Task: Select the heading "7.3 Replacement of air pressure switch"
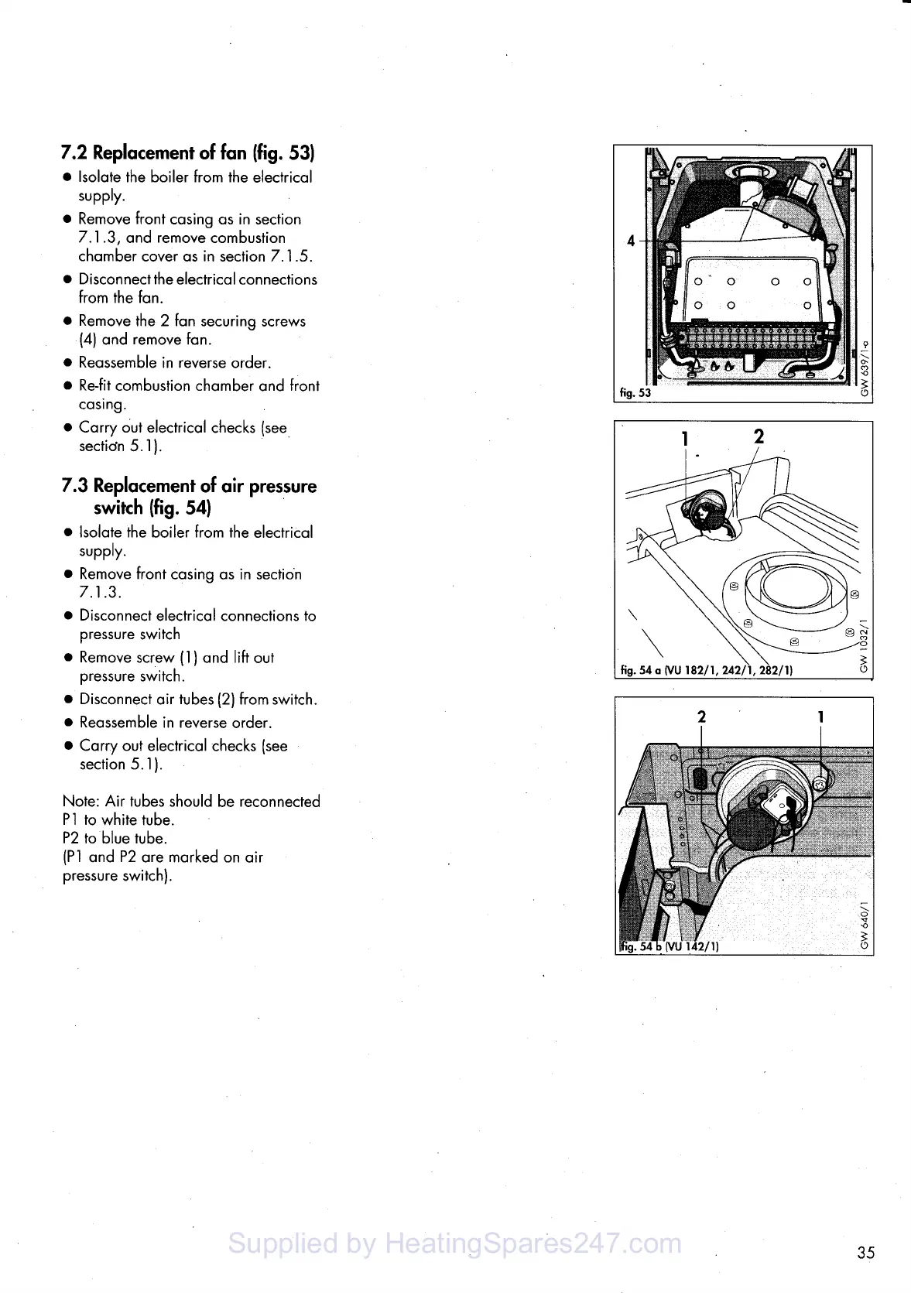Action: (190, 496)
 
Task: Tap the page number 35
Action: (865, 1252)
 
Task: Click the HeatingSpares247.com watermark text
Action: (455, 1243)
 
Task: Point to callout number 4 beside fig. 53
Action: (631, 241)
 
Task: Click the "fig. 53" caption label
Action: (635, 392)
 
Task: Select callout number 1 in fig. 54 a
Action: (684, 439)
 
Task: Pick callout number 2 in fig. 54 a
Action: (759, 436)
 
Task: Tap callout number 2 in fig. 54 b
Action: (701, 717)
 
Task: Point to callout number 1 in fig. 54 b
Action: (820, 717)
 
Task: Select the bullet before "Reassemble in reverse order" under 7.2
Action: (68, 363)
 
